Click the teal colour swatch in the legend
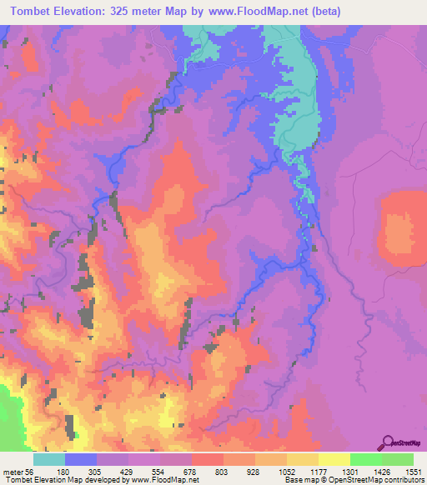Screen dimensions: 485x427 point(48,459)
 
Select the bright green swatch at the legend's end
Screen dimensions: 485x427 point(398,459)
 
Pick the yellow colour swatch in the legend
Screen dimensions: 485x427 point(334,459)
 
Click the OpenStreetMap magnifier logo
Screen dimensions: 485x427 point(389,442)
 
